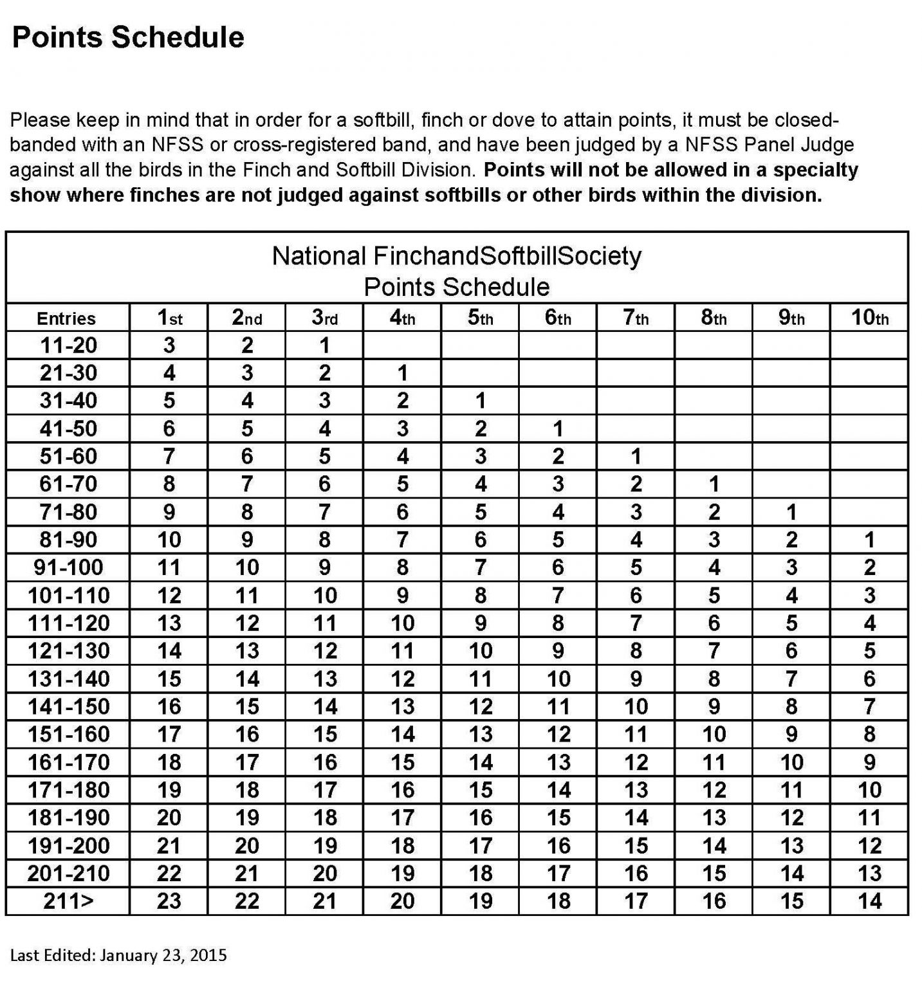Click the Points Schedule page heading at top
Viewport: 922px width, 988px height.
128,37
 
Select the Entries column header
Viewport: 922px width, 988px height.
66,318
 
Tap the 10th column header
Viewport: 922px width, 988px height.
869,318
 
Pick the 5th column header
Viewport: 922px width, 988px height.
480,318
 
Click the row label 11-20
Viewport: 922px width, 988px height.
68,345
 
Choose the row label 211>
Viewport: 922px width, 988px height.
68,901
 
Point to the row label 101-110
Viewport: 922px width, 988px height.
68,596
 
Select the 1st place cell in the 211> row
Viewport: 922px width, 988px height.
169,901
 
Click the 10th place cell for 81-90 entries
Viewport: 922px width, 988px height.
869,540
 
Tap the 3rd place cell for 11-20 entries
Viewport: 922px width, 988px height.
324,345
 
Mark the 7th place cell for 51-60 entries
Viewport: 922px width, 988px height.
636,457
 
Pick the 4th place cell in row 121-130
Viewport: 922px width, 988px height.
402,651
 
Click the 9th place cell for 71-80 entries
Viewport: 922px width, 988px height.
791,512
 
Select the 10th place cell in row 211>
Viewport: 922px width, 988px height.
869,901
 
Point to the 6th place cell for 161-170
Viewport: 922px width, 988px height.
558,762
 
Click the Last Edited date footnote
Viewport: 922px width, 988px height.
118,955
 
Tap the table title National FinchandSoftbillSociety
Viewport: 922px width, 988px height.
456,256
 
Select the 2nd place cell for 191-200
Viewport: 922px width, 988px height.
247,846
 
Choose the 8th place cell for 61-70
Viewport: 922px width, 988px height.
714,484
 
